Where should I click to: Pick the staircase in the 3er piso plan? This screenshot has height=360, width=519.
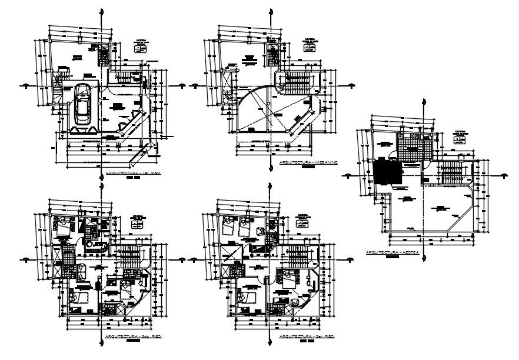tap(299, 256)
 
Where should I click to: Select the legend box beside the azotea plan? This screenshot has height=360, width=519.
tap(461, 136)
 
